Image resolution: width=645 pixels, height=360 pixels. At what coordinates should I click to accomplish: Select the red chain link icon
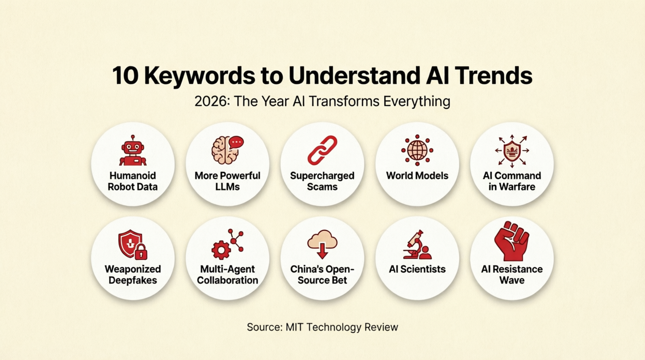[x=322, y=150]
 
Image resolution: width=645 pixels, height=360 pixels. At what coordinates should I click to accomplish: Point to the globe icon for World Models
[x=417, y=150]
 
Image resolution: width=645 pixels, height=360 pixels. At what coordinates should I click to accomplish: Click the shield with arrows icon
[x=511, y=150]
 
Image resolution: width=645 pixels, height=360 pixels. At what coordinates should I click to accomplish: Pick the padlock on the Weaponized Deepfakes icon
[x=141, y=253]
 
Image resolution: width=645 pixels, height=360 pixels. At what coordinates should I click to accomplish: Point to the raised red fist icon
[x=511, y=241]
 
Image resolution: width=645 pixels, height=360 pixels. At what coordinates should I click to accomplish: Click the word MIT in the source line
[x=295, y=327]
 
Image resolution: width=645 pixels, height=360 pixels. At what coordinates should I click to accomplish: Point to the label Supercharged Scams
[x=322, y=181]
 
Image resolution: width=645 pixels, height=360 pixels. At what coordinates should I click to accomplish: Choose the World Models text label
[x=417, y=176]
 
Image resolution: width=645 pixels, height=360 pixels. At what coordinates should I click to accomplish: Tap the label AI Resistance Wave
[x=511, y=275]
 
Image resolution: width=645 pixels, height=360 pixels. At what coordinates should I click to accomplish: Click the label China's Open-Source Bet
[x=322, y=275]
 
